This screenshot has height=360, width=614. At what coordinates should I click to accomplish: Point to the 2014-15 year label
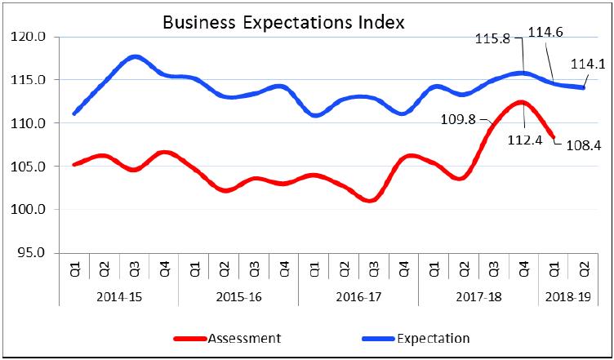[x=118, y=298]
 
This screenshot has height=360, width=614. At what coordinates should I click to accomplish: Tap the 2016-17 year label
[x=358, y=298]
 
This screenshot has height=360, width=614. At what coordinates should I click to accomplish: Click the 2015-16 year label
[x=238, y=298]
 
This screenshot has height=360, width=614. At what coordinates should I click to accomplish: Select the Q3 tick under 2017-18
[x=493, y=270]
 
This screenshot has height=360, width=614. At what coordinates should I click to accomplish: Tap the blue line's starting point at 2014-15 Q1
[x=74, y=113]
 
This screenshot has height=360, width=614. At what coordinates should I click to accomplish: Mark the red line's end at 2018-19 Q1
[x=554, y=136]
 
